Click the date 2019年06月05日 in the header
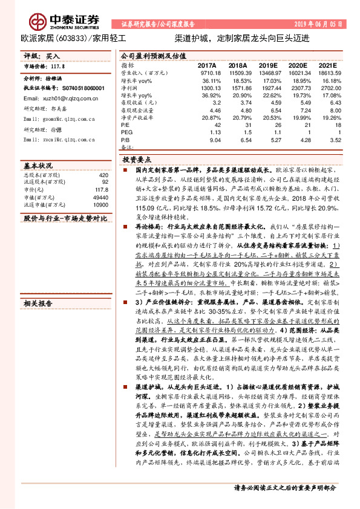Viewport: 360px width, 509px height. point(322,24)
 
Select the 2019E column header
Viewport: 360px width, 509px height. point(264,65)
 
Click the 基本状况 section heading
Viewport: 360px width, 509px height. point(38,165)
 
